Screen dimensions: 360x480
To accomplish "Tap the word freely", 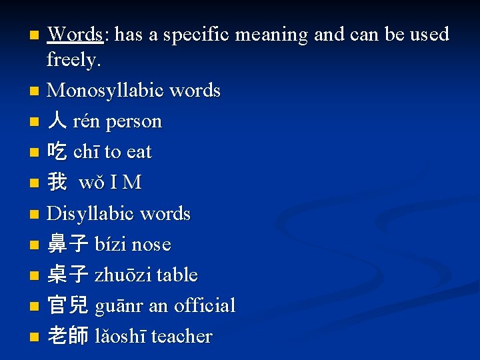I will pyautogui.click(x=73, y=60).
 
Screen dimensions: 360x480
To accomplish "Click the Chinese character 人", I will pyautogui.click(x=57, y=121).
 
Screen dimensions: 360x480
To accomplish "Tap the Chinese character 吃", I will pyautogui.click(x=57, y=152).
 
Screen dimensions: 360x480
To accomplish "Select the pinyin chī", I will pyautogui.click(x=85, y=152).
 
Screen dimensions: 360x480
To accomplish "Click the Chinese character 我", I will pyautogui.click(x=57, y=183).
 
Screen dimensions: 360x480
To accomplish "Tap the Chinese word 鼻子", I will pyautogui.click(x=67, y=245).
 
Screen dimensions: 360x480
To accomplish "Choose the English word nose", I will pyautogui.click(x=151, y=245).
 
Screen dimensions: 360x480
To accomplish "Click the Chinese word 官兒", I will pyautogui.click(x=67, y=306).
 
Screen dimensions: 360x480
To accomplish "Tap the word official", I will pyautogui.click(x=205, y=306).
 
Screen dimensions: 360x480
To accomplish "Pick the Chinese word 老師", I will pyautogui.click(x=67, y=337).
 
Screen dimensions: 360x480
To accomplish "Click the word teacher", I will pyautogui.click(x=181, y=337).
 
